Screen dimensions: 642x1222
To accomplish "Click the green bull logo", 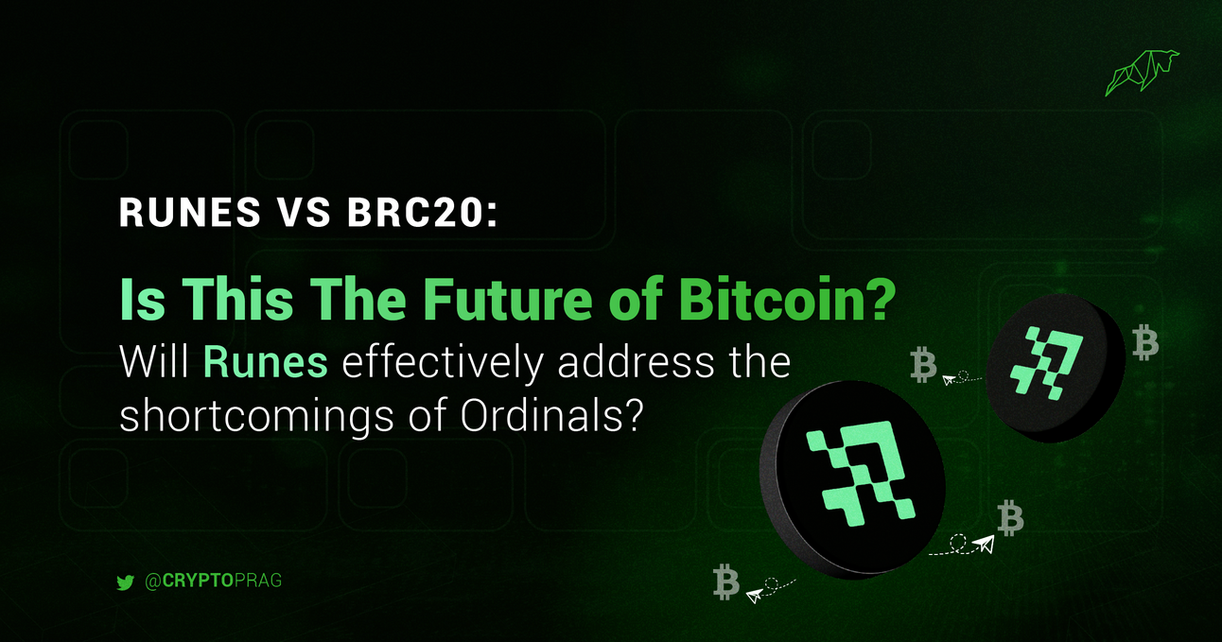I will [x=1142, y=74].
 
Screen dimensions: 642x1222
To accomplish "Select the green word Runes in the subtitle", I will [x=266, y=363].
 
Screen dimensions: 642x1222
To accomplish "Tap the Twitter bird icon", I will [x=125, y=582].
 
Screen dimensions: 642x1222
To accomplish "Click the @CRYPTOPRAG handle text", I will [x=214, y=581].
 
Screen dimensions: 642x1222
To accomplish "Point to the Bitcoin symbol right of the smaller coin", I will [x=1145, y=342].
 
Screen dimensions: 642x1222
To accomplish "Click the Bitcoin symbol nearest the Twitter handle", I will [x=726, y=582].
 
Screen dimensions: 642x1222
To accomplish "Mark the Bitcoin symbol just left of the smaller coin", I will [x=922, y=365].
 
